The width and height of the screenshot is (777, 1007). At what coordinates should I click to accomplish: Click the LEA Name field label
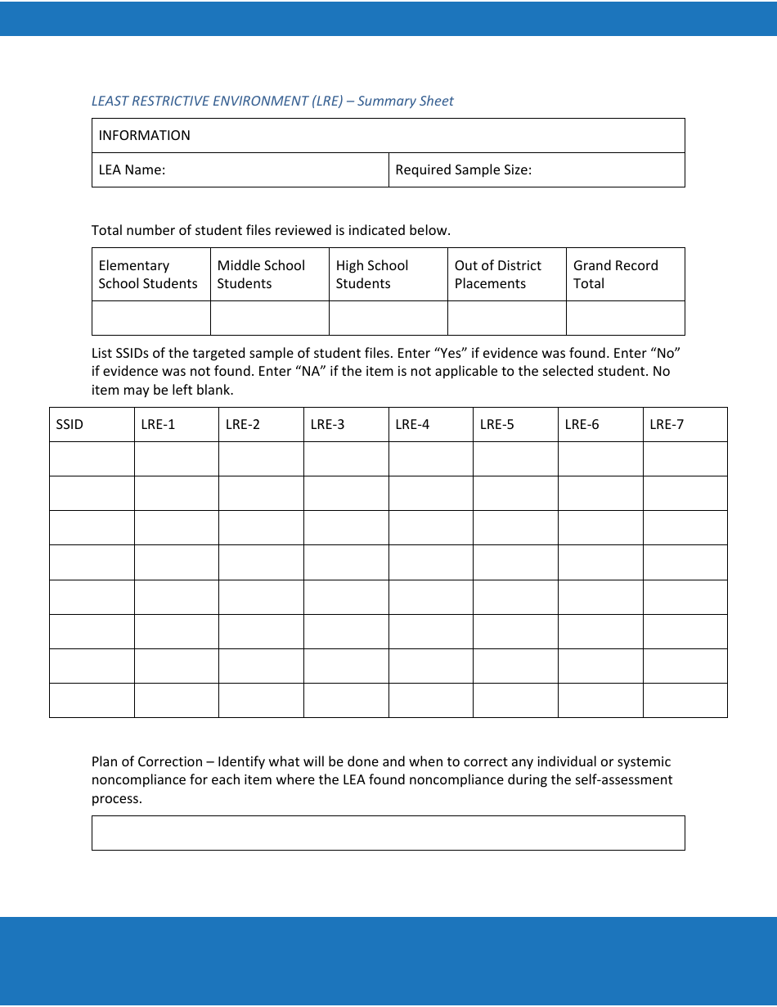tap(132, 170)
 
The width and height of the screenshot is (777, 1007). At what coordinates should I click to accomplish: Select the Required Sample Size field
tap(537, 170)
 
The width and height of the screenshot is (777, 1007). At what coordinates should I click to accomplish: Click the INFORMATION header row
tap(388, 136)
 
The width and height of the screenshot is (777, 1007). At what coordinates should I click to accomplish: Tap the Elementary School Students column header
tap(148, 274)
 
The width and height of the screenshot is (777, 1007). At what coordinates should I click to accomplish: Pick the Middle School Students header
tap(261, 274)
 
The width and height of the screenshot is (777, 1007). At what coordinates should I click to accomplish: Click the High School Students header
tap(372, 274)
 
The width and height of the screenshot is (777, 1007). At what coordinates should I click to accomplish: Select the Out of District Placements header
tap(498, 274)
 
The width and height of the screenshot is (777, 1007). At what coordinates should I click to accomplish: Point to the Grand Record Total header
tap(616, 274)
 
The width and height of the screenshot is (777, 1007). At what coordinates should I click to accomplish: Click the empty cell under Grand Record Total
tap(625, 318)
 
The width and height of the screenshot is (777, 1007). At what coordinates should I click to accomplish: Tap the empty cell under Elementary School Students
tap(151, 318)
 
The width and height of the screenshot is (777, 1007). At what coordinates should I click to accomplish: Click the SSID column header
tap(70, 425)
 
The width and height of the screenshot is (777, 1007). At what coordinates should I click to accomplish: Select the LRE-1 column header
tap(158, 425)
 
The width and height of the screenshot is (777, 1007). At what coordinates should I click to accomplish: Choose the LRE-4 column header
tap(412, 425)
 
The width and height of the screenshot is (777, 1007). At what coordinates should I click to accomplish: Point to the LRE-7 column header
tap(667, 425)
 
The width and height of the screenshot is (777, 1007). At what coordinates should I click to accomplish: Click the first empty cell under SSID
tap(92, 459)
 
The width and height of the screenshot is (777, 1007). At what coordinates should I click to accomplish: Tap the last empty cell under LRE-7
tap(685, 700)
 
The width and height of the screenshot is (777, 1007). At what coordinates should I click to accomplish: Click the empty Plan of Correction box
tap(388, 833)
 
